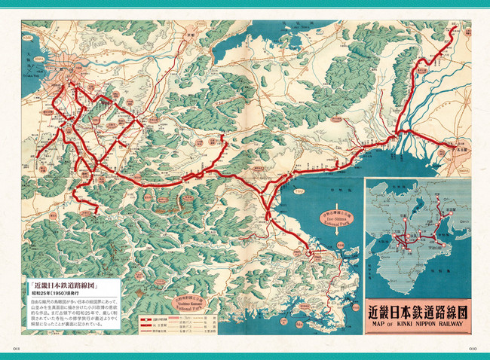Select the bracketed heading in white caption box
tap(64, 287)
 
